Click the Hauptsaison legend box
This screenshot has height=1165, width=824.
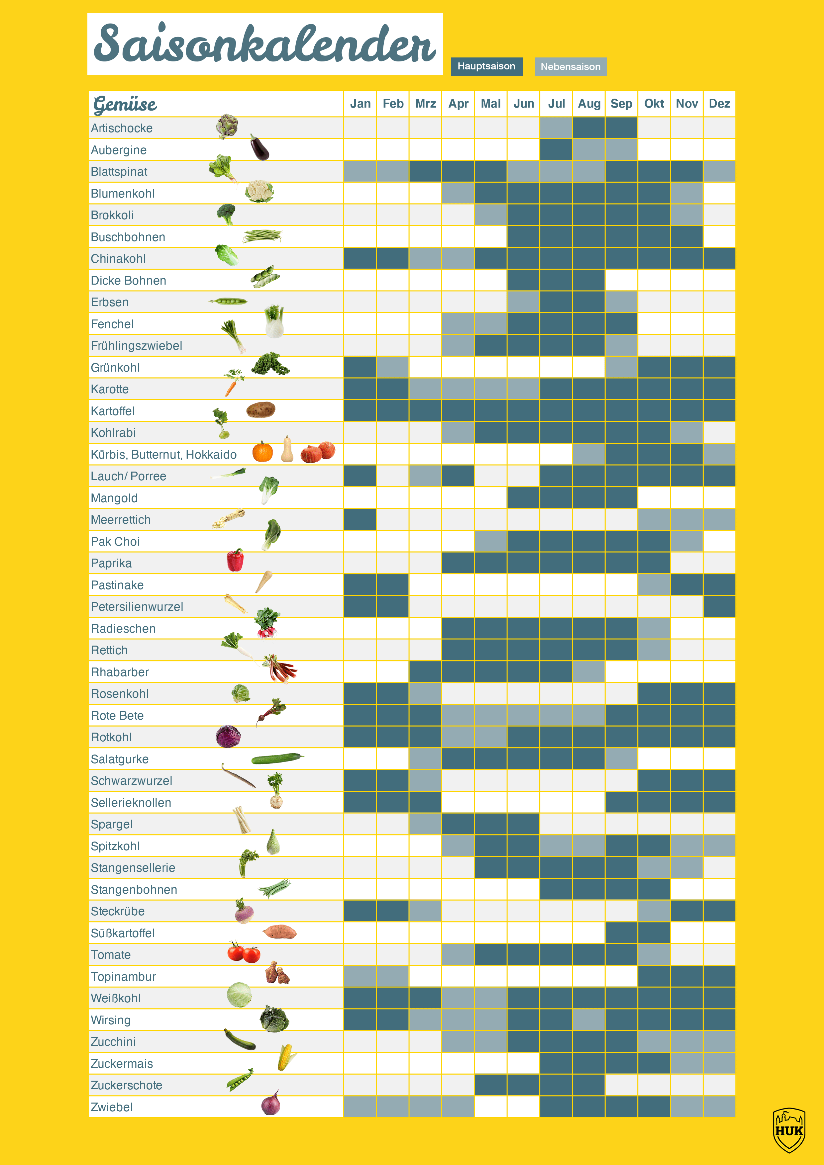pos(486,66)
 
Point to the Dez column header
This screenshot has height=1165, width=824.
pos(719,104)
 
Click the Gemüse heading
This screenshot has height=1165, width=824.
pos(125,104)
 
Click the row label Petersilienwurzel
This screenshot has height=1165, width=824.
pos(137,607)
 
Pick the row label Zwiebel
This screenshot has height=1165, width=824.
pos(112,1107)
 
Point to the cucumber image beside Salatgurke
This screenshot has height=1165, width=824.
pos(277,759)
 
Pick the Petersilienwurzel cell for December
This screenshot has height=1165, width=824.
pos(719,607)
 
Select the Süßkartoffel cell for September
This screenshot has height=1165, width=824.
pos(621,933)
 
